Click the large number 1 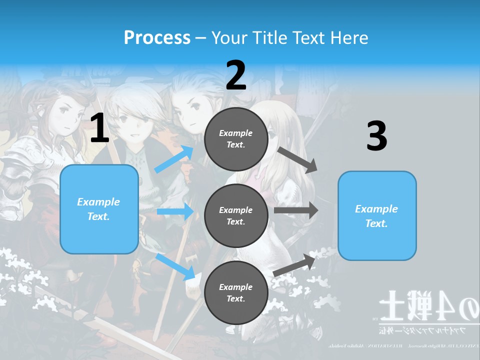[99, 128]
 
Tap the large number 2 [236, 76]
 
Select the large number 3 [376, 136]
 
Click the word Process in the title [157, 37]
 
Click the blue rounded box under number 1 [99, 209]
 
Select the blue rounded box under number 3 [377, 216]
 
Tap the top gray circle [236, 139]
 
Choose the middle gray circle [236, 215]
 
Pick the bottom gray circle [236, 293]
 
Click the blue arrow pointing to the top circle [174, 159]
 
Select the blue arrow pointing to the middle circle [175, 211]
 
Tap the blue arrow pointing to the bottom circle [176, 266]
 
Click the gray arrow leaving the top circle [298, 159]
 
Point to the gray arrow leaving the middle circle [296, 210]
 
